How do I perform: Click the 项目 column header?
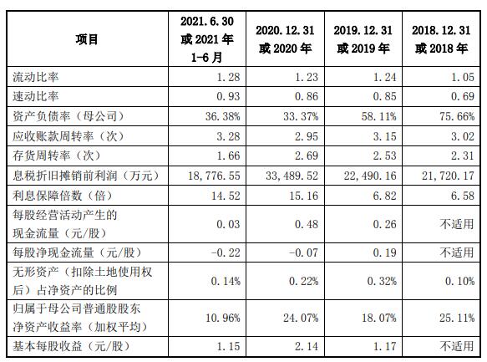pos(87,39)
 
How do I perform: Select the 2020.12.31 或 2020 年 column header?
pos(285,39)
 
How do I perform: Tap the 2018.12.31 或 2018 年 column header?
pos(441,39)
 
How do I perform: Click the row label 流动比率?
pos(36,77)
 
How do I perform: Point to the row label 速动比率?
pos(36,96)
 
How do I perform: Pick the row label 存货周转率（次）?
pos(57,156)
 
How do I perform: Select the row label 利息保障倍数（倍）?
pos(63,196)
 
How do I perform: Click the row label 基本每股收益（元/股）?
pos(72,346)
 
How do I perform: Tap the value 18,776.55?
pos(214,176)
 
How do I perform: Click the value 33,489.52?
pos(292,176)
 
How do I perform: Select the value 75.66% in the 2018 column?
pos(457,116)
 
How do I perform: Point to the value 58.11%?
pos(379,116)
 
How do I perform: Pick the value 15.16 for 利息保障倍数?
pos(304,196)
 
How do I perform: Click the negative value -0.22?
pos(226,252)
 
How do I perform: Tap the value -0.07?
pos(304,252)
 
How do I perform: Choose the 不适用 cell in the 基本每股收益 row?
pos(457,346)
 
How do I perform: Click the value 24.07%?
pos(301,318)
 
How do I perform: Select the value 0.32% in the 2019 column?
pos(382,281)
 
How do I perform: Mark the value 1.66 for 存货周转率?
pos(229,156)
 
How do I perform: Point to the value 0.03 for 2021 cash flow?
pos(229,224)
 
